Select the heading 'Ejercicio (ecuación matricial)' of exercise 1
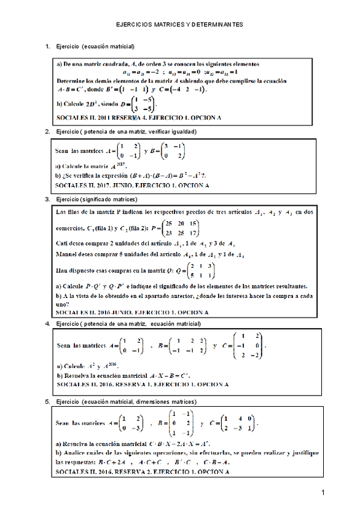point(95,47)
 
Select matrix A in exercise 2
point(127,151)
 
